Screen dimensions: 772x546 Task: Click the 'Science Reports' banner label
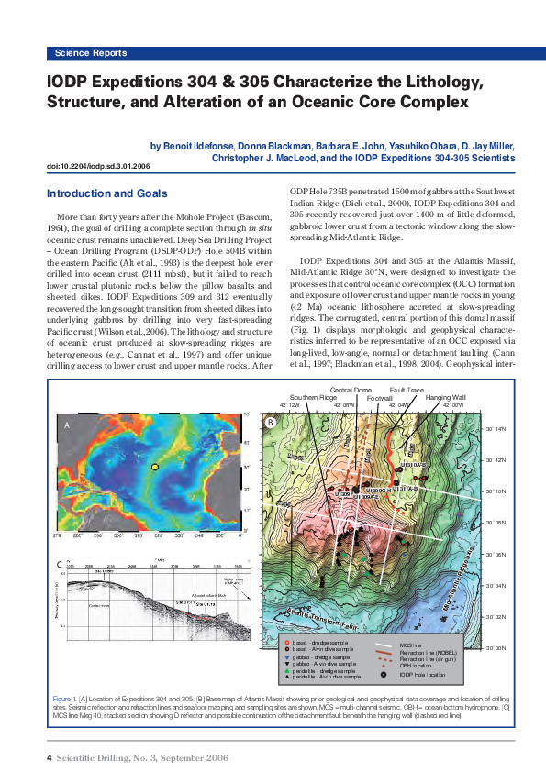point(90,53)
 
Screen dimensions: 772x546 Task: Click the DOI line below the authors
point(97,167)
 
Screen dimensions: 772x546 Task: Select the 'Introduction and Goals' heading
point(106,193)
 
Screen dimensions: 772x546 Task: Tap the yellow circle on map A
point(155,468)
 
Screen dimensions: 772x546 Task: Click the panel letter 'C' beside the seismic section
point(60,560)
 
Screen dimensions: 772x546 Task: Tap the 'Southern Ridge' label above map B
point(314,397)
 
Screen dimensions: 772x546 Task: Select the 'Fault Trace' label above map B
point(407,390)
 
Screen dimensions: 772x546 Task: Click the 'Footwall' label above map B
point(380,398)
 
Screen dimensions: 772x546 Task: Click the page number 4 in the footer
point(49,757)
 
